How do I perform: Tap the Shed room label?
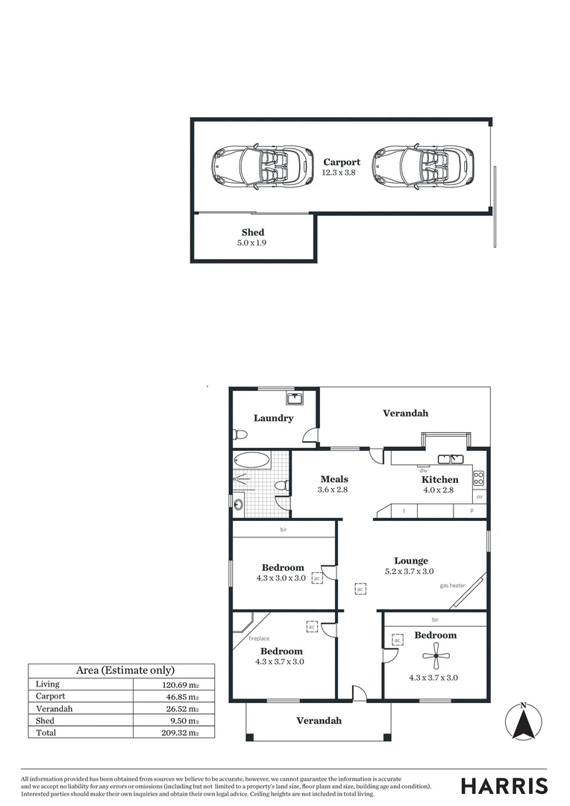(x=252, y=232)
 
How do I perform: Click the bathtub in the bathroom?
(x=252, y=460)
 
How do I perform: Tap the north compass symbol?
(x=524, y=722)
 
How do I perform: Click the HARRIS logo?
(x=504, y=786)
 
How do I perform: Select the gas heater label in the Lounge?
(x=452, y=586)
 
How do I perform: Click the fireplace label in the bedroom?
(x=259, y=639)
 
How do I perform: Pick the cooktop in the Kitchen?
(x=478, y=478)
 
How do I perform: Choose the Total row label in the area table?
(x=46, y=733)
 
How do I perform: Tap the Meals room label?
(x=334, y=479)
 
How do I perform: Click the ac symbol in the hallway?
(x=360, y=589)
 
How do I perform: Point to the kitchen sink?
(x=451, y=459)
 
